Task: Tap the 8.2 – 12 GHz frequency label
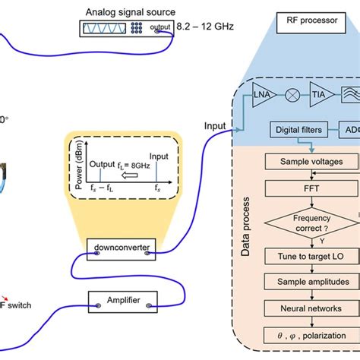click(203, 29)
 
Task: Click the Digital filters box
click(295, 131)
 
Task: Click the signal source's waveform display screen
click(104, 29)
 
